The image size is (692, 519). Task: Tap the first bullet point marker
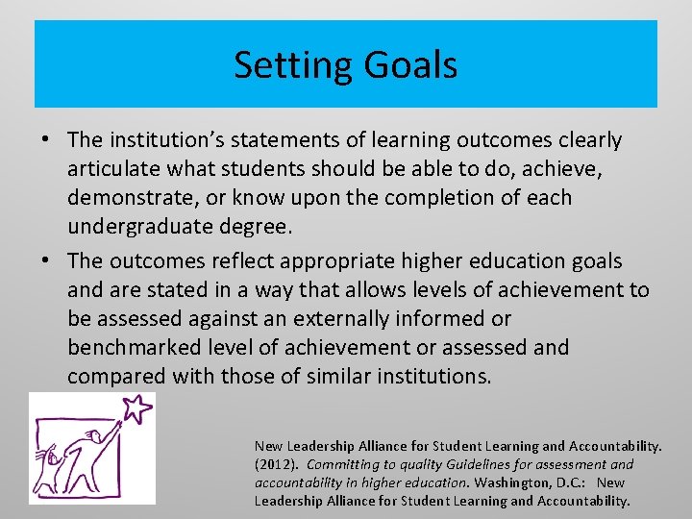coord(46,140)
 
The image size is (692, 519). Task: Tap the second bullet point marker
coord(46,261)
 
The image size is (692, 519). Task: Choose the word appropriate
coord(324,261)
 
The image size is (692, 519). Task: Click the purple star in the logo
coord(137,408)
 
